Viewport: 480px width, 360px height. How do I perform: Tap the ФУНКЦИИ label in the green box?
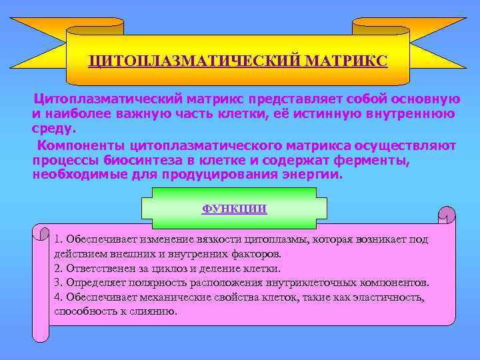pos(234,209)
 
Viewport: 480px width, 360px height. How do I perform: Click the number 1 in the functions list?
pos(58,239)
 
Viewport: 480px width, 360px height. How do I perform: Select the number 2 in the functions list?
pos(58,269)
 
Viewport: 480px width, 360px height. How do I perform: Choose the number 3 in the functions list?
pos(58,283)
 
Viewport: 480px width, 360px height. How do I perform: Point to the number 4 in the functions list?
pos(58,297)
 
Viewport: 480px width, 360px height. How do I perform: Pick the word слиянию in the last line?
pos(155,311)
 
